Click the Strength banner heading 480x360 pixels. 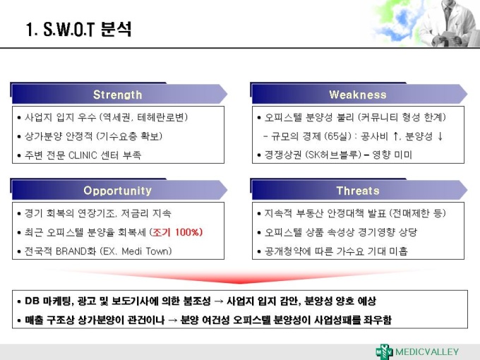tap(118, 95)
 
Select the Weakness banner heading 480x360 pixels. tap(358, 95)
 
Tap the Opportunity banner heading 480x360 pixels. tap(118, 191)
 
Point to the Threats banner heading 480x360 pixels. tap(358, 191)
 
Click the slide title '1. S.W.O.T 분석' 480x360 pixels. tap(78, 30)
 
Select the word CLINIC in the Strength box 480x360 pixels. tap(83, 155)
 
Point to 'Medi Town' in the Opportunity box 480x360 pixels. tap(145, 251)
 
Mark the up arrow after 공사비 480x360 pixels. tap(395, 136)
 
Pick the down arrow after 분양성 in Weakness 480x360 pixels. tap(440, 136)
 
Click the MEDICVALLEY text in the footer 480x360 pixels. tap(427, 352)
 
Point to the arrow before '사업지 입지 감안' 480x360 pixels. tap(219, 301)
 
